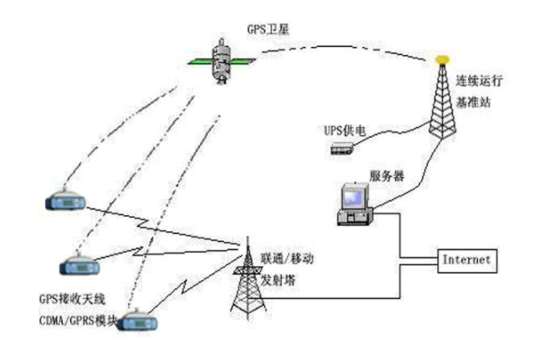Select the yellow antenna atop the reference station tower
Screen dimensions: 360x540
click(440, 60)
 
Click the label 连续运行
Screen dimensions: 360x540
click(481, 80)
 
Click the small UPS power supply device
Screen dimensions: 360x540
click(338, 151)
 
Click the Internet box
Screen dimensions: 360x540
click(466, 259)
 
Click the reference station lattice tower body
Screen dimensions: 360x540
click(440, 103)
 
